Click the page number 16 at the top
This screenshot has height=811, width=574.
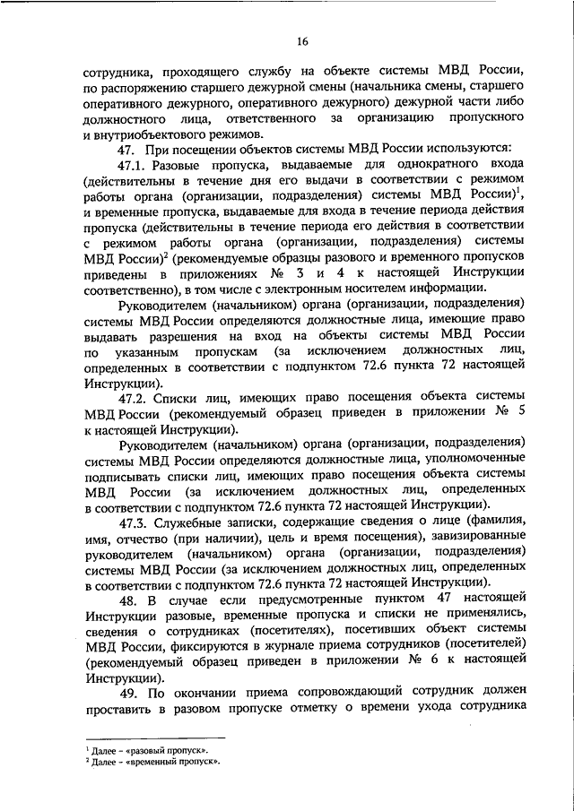pos(303,40)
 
